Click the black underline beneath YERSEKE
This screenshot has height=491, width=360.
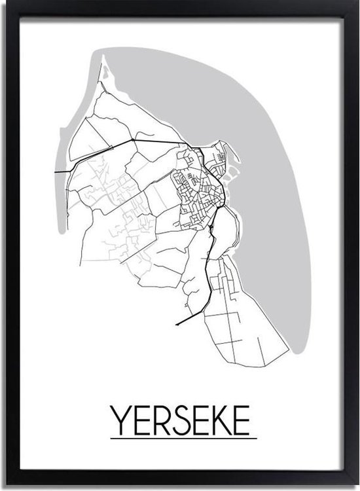pyautogui.click(x=183, y=437)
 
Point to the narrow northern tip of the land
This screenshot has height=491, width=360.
pyautogui.click(x=103, y=62)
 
